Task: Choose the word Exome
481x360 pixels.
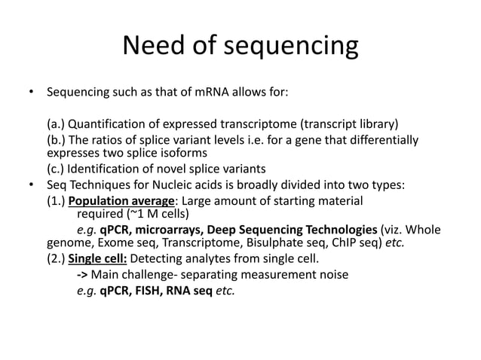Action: click(x=107, y=243)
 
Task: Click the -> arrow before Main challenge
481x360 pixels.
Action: click(x=82, y=275)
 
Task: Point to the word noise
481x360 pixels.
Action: click(x=332, y=275)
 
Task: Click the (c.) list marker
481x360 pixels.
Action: click(x=55, y=168)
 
